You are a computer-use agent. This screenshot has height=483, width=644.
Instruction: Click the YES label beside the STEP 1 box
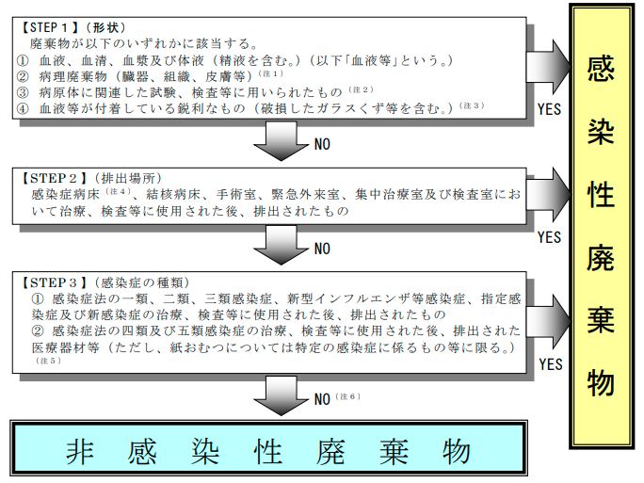coord(549,110)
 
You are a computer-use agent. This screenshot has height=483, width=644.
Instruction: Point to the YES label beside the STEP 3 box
coord(549,362)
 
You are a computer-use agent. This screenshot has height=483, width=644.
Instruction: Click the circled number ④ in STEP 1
coord(24,107)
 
